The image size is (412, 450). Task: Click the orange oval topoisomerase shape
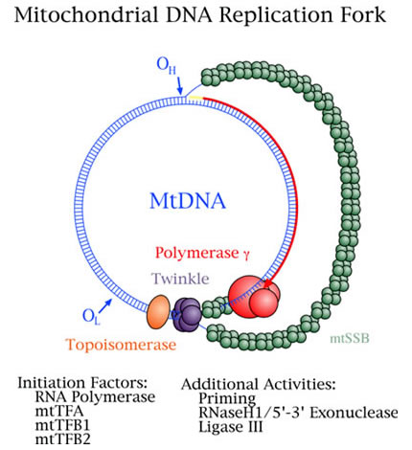(x=157, y=309)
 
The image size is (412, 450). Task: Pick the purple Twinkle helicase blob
(x=191, y=311)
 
